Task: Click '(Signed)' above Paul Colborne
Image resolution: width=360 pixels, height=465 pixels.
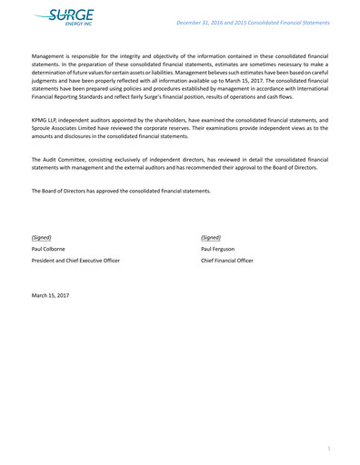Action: (42, 237)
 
